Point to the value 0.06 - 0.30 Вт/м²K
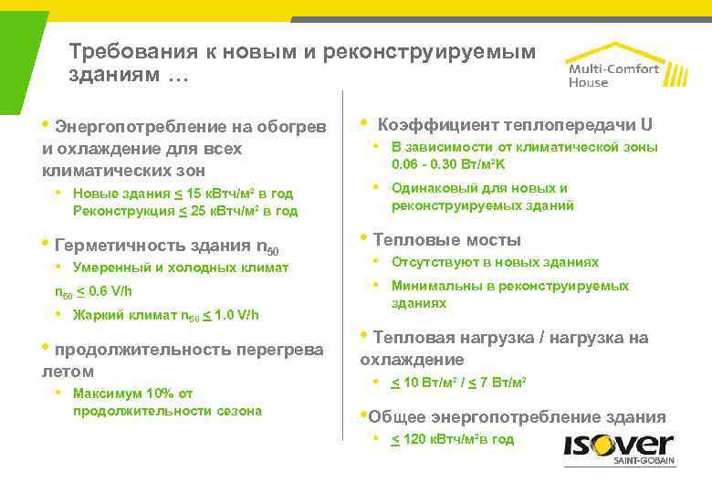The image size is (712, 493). coord(448,165)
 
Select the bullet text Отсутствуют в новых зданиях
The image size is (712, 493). coord(495,262)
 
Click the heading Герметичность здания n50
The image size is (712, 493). coord(167,246)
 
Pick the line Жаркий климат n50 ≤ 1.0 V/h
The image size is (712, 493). coord(165,315)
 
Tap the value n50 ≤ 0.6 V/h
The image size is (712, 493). coord(93,291)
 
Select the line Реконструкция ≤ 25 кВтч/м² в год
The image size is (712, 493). coord(184,211)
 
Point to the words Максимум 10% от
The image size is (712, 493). coord(132,393)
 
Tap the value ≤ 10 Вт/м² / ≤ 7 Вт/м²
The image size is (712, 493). coord(459,382)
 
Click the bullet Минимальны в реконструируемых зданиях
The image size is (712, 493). coord(509,294)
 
